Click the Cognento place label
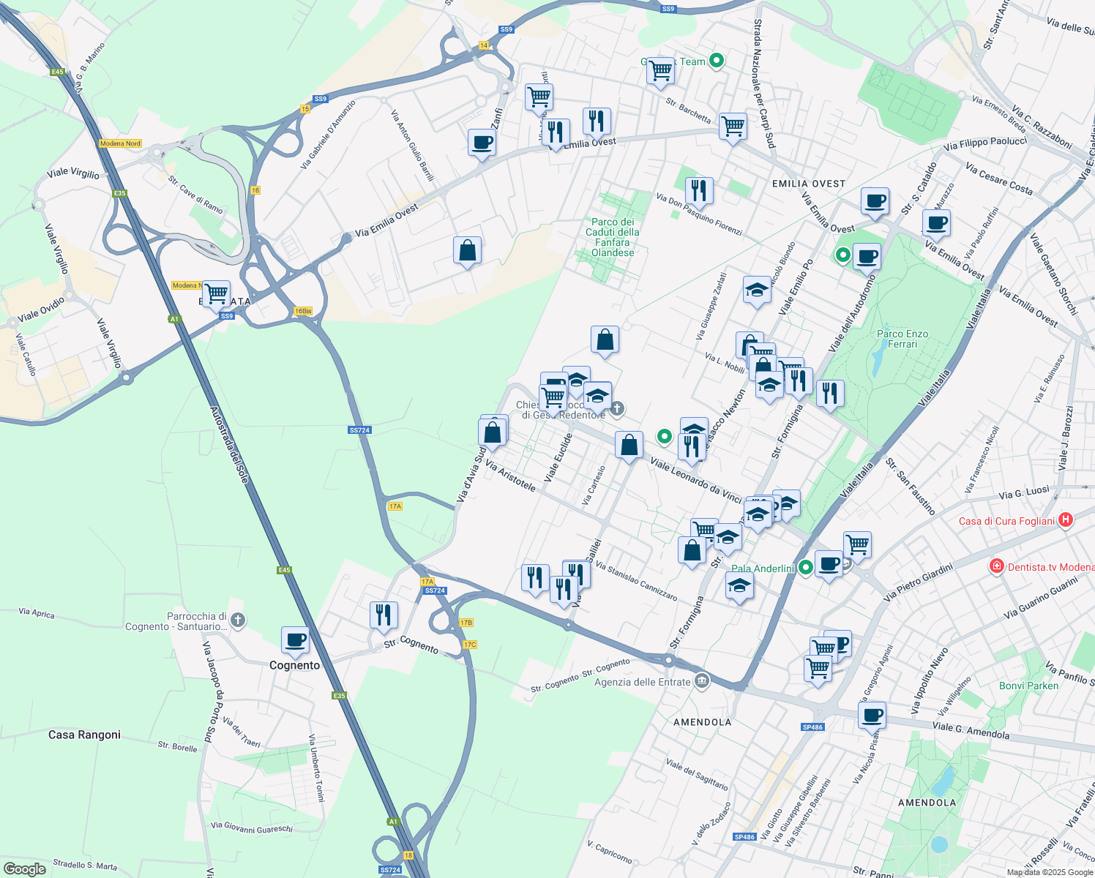294,665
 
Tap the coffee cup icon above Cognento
295,640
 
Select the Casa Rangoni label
84,735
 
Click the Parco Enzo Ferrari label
902,339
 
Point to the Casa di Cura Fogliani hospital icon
1066,520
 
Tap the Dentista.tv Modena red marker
996,566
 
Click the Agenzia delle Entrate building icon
702,681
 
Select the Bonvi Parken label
1028,686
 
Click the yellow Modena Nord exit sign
120,143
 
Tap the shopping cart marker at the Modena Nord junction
216,294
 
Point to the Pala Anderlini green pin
806,567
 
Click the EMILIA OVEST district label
808,184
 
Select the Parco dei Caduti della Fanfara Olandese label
613,237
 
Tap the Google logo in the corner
25,868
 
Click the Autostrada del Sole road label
230,445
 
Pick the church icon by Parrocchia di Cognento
237,620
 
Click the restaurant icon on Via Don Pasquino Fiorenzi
699,190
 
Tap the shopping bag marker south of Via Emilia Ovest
467,251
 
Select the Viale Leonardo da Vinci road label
696,481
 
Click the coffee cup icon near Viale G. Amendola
871,714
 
